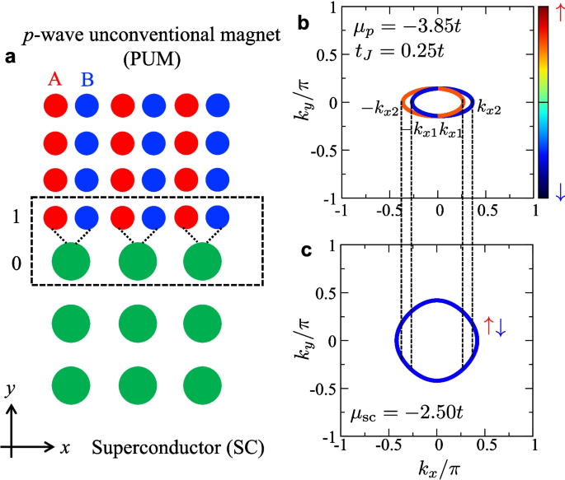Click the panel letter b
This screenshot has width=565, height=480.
click(x=303, y=25)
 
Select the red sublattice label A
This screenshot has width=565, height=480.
click(x=55, y=79)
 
